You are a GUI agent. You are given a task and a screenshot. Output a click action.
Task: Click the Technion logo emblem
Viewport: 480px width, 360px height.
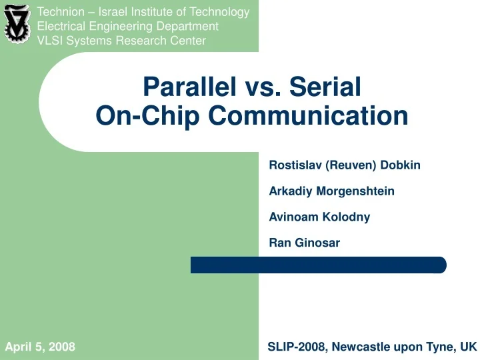pos(17,24)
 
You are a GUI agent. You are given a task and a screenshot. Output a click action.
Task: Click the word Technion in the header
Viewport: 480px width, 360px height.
pos(61,12)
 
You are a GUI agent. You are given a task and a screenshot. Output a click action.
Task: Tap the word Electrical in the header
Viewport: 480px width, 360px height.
pos(61,26)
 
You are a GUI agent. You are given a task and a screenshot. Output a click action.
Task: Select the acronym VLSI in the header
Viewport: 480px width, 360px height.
pos(50,41)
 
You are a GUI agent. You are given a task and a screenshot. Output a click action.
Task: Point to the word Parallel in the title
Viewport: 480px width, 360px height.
pos(190,87)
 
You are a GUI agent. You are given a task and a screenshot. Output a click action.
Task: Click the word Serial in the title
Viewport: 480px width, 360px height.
pos(325,87)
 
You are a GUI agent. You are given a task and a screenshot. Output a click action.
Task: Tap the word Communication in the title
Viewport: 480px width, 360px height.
pos(308,115)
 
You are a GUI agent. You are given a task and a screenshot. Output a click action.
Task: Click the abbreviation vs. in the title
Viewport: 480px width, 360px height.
pos(263,89)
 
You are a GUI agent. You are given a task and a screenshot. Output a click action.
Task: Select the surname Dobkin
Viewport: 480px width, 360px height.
pos(401,165)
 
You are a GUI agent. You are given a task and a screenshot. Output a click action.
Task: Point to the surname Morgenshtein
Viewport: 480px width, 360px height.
pos(355,191)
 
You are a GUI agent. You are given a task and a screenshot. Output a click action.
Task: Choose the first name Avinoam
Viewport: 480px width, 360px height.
pos(293,217)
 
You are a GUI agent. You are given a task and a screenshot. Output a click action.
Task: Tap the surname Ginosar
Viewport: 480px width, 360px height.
pos(317,243)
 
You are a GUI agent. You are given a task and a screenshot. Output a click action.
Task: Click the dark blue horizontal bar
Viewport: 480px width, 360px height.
pos(319,265)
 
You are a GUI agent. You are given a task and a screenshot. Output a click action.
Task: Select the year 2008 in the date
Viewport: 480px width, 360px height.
pos(61,347)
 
